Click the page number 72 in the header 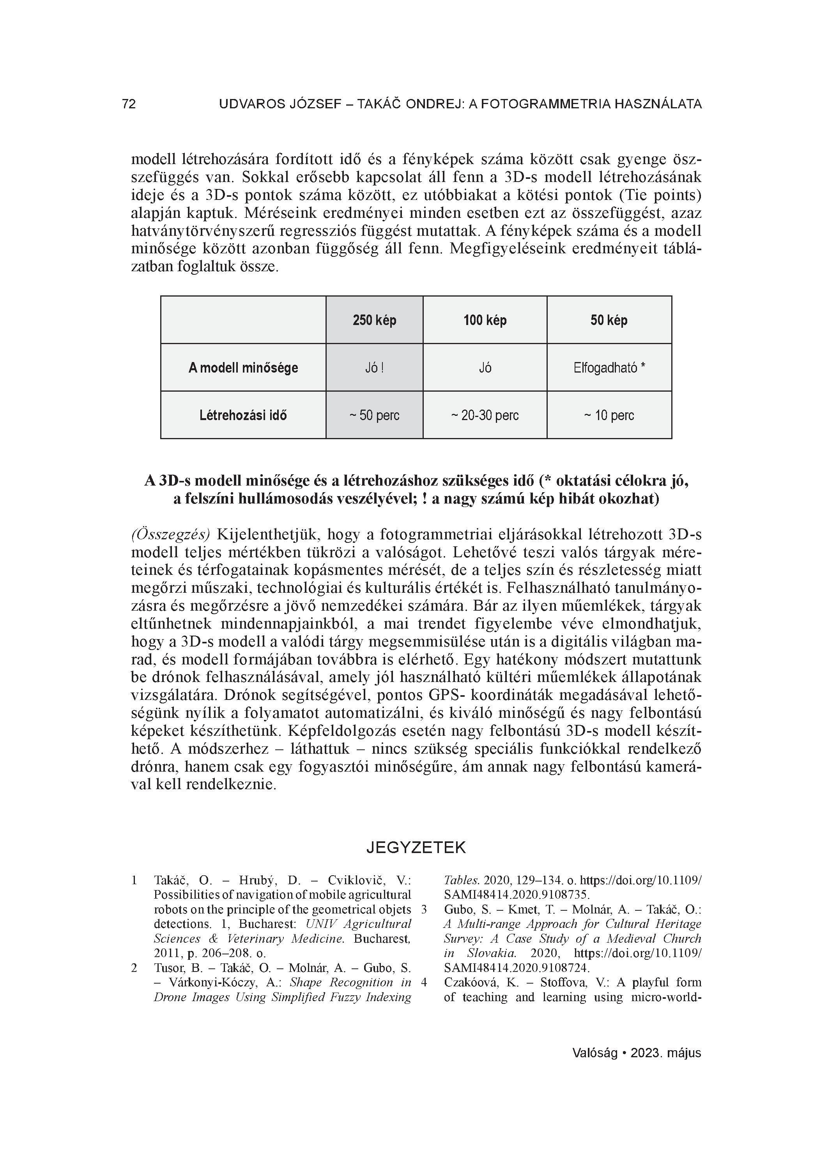coord(129,104)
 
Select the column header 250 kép coord(374,320)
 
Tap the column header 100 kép coord(485,320)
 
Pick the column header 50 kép coord(609,320)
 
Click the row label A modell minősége coord(243,367)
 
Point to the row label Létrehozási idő coord(243,415)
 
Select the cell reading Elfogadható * coord(609,367)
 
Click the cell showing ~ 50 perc coord(374,415)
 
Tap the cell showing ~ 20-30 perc coord(485,415)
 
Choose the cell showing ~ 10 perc coord(609,415)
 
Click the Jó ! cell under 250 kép coord(374,367)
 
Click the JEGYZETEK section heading coord(416,848)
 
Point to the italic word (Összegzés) coord(170,534)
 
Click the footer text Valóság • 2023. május coord(636,1053)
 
